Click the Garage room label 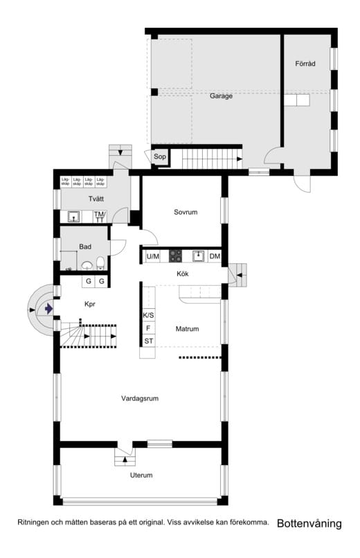coord(221,96)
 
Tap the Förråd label coord(305,64)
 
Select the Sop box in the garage coord(160,157)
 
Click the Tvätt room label coord(96,199)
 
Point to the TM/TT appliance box coord(100,216)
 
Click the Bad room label coord(85,246)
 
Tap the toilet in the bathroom coord(101,262)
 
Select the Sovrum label coord(186,213)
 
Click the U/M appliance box coord(153,256)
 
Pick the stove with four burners coord(174,255)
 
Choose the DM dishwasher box coord(215,256)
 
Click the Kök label coord(183,274)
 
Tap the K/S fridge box coord(148,315)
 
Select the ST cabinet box coord(148,341)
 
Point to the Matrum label coord(187,329)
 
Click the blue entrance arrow coord(48,309)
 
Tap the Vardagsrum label coord(141,398)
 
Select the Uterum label coord(141,475)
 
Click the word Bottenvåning coord(309,524)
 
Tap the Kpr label coord(89,304)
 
